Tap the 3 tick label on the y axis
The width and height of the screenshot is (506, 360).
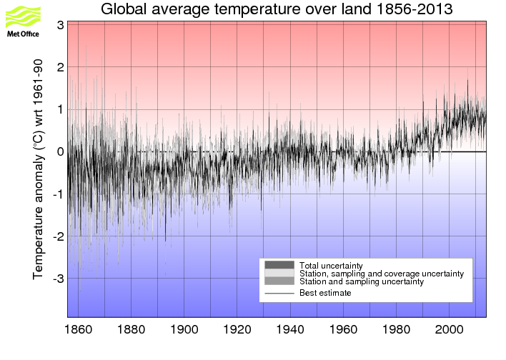tap(61, 25)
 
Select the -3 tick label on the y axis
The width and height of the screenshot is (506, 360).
tap(57, 278)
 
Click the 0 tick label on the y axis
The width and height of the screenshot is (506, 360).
tap(61, 151)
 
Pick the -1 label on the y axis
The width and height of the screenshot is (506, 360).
tap(57, 194)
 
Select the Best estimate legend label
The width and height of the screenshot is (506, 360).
tap(325, 293)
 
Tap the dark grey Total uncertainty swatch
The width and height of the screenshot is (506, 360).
tap(279, 265)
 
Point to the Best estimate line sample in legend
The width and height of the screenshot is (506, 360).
tap(279, 293)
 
